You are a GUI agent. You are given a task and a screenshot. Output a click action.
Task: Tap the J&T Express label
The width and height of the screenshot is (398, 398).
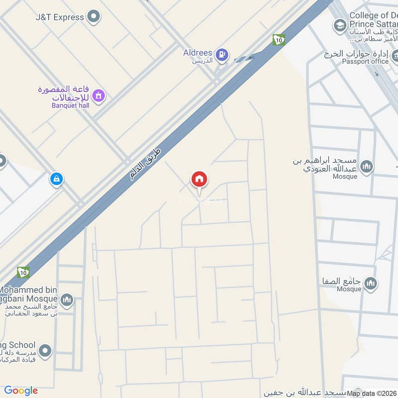(x=60, y=17)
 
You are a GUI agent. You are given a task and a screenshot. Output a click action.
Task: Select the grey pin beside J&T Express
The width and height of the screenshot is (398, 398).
(x=93, y=17)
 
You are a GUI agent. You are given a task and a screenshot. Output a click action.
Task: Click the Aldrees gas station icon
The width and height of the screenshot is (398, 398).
(x=222, y=55)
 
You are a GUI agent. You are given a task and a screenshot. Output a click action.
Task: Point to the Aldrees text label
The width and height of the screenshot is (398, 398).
(x=198, y=53)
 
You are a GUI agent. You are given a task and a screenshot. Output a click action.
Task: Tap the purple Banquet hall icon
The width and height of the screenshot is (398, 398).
(x=99, y=95)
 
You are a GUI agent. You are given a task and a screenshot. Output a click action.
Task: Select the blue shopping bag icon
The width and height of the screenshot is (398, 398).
(x=56, y=179)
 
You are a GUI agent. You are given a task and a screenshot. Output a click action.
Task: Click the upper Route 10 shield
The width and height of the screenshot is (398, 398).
(x=279, y=40)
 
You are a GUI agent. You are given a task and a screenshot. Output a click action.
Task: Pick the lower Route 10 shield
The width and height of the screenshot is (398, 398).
(x=23, y=272)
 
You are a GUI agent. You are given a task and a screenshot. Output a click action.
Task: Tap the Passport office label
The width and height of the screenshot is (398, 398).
(x=365, y=61)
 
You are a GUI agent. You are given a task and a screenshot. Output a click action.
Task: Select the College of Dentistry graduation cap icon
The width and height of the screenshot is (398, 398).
(x=339, y=25)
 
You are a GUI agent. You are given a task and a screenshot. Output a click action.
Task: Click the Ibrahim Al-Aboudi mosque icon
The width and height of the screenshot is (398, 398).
(x=367, y=167)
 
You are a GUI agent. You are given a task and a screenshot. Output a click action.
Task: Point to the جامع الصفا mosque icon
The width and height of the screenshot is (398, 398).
(x=370, y=284)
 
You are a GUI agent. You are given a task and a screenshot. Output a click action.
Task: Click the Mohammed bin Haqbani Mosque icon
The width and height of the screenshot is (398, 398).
(x=66, y=300)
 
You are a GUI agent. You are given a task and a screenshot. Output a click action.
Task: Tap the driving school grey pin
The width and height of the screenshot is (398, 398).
(x=45, y=351)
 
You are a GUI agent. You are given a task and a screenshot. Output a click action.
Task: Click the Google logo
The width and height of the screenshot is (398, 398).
(x=21, y=391)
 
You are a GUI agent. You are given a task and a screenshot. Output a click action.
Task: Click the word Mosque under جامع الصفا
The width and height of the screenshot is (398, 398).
(x=349, y=289)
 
